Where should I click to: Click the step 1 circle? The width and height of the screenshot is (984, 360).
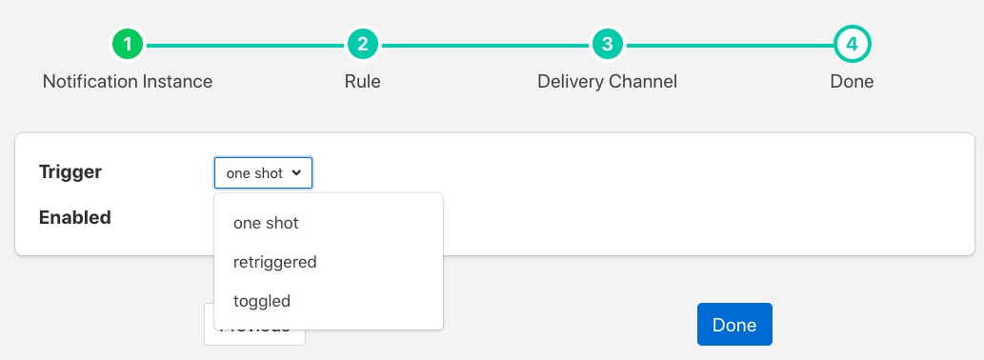pyautogui.click(x=128, y=44)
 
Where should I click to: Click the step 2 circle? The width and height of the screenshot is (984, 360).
pyautogui.click(x=362, y=44)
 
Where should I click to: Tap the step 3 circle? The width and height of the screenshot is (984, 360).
pyautogui.click(x=607, y=44)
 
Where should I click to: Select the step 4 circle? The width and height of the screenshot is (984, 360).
pyautogui.click(x=852, y=44)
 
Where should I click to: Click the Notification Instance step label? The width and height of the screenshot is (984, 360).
pyautogui.click(x=128, y=81)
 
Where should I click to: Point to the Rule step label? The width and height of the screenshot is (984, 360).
pyautogui.click(x=362, y=81)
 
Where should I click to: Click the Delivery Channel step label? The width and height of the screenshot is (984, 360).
pyautogui.click(x=607, y=81)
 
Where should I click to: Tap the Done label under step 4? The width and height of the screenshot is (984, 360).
pyautogui.click(x=852, y=81)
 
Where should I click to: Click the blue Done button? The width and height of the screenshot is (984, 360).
pyautogui.click(x=734, y=325)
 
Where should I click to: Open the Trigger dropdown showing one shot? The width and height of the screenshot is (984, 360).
pyautogui.click(x=263, y=173)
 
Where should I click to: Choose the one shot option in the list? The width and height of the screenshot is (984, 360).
pyautogui.click(x=266, y=223)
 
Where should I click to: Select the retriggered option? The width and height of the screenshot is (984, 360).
pyautogui.click(x=274, y=262)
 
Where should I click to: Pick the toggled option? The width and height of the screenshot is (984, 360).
pyautogui.click(x=262, y=301)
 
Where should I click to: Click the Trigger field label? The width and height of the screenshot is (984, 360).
pyautogui.click(x=70, y=172)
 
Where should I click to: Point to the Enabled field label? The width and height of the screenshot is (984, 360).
pyautogui.click(x=75, y=217)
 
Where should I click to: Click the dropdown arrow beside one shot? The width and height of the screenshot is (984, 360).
pyautogui.click(x=296, y=173)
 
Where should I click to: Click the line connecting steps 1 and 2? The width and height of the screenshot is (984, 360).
pyautogui.click(x=245, y=44)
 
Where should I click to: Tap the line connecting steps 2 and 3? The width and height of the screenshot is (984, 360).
pyautogui.click(x=484, y=44)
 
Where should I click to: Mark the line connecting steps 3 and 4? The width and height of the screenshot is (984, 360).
pyautogui.click(x=729, y=44)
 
